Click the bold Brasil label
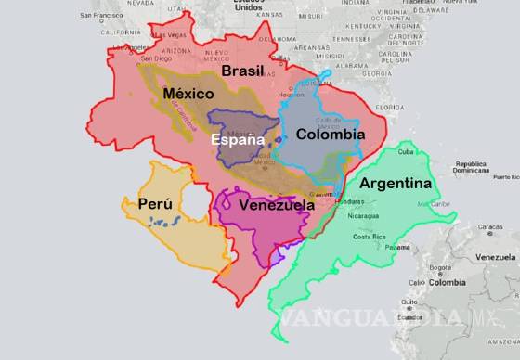(242, 71)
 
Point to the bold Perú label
(154, 203)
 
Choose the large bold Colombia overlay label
(330, 135)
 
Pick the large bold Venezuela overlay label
(276, 205)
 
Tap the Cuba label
(406, 152)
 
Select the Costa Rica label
(370, 237)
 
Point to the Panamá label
(397, 248)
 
